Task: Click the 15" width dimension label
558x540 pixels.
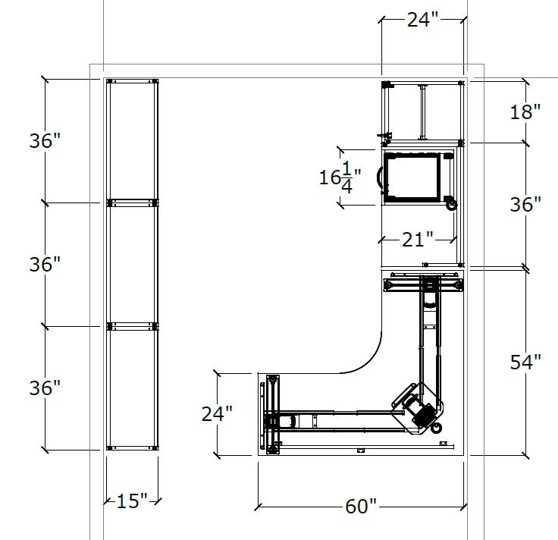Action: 132,501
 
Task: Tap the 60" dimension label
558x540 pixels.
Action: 360,506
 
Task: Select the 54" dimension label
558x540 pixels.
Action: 525,362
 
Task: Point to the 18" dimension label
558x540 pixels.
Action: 525,111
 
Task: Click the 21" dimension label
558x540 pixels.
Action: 418,240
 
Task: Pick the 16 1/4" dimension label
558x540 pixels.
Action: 340,177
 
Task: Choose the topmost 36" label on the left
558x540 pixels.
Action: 45,140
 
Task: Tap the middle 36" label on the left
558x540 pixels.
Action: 45,264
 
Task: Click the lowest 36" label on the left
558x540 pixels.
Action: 45,388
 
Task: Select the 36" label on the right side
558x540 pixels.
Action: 525,205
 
